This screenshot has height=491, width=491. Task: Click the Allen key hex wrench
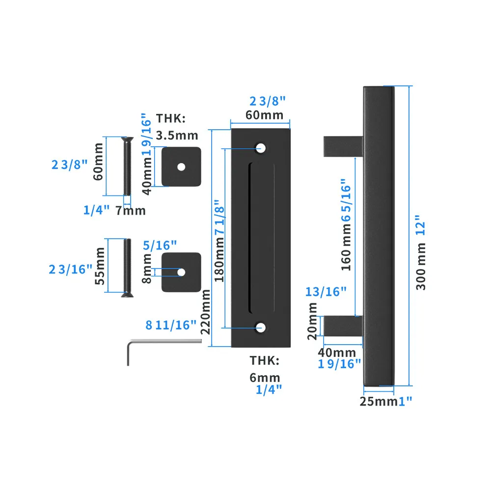click(129, 351)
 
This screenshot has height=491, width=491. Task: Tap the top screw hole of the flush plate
click(260, 147)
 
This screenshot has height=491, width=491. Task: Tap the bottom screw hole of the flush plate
click(260, 327)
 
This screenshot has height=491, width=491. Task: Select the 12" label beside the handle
click(421, 225)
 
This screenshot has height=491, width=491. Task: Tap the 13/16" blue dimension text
click(326, 292)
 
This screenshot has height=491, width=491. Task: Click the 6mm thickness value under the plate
click(265, 378)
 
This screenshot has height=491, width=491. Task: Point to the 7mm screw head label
click(131, 211)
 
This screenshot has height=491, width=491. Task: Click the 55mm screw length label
click(99, 266)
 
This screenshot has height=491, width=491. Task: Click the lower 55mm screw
click(127, 268)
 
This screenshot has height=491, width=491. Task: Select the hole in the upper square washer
click(181, 166)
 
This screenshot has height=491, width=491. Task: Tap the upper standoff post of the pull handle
click(343, 146)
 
